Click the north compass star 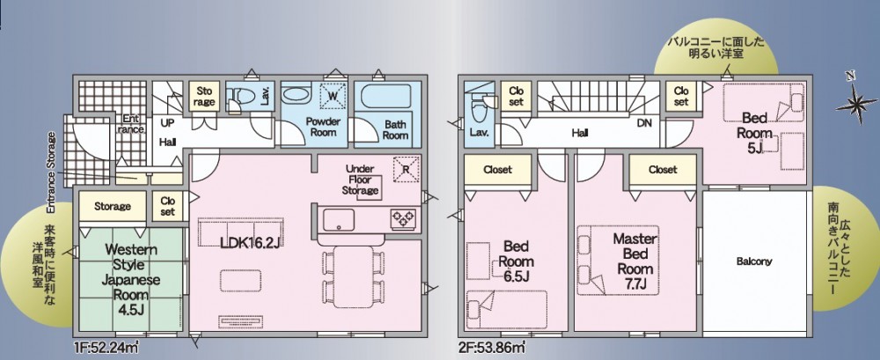coord(855,103)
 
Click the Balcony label coord(754,261)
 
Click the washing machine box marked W coord(331,94)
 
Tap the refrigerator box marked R coord(407,169)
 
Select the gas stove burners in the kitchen coord(403,217)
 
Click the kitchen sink coord(339,219)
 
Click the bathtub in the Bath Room coord(386,96)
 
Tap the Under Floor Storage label coord(360,180)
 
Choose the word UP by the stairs coord(168,121)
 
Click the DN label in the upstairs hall coord(645,123)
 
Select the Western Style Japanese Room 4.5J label coord(132,280)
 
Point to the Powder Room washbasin coord(295,93)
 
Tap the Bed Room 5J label coord(754,133)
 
